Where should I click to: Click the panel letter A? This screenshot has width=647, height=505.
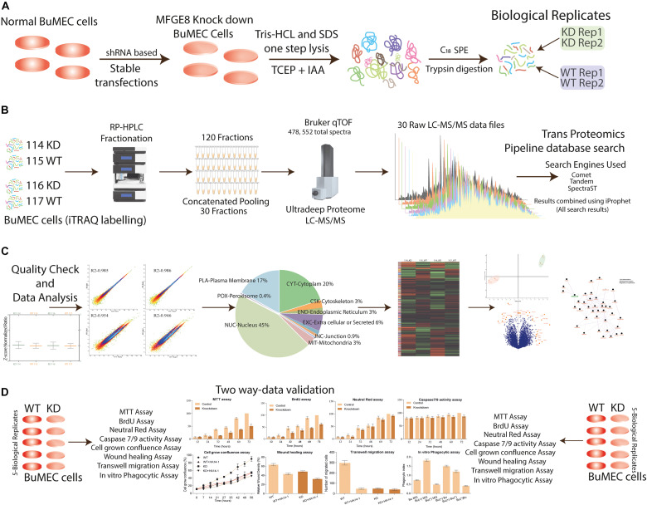tap(8, 7)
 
